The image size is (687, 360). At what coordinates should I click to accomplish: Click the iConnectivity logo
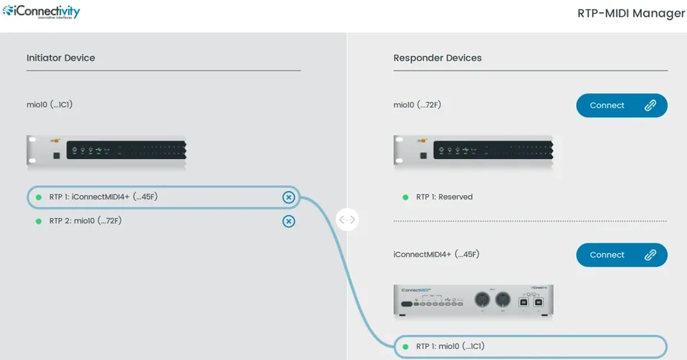(x=41, y=12)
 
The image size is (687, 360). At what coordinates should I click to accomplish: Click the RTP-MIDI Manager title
(x=631, y=13)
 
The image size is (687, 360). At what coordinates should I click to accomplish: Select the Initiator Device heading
(x=60, y=58)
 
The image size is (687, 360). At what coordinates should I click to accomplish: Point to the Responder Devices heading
(x=437, y=58)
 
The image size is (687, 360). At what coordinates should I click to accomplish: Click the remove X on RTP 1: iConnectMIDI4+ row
(x=288, y=197)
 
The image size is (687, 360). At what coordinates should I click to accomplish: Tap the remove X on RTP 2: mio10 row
(x=288, y=221)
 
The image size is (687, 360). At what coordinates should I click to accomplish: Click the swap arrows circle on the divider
(x=347, y=220)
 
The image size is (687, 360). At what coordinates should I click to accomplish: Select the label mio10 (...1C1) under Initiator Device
(x=49, y=104)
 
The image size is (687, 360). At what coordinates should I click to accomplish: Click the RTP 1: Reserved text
(x=444, y=197)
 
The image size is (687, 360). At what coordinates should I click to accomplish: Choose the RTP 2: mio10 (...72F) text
(x=85, y=221)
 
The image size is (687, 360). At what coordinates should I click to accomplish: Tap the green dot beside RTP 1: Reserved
(x=405, y=197)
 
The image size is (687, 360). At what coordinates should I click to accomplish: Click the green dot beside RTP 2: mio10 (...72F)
(x=39, y=221)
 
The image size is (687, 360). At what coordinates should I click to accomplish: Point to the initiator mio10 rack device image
(x=106, y=150)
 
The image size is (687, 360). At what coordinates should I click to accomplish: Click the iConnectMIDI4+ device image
(x=473, y=300)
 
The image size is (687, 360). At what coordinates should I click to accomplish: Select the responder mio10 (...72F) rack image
(x=473, y=152)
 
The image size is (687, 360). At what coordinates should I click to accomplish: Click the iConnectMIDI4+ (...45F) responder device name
(x=436, y=254)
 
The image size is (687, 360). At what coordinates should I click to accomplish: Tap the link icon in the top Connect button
(x=650, y=105)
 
